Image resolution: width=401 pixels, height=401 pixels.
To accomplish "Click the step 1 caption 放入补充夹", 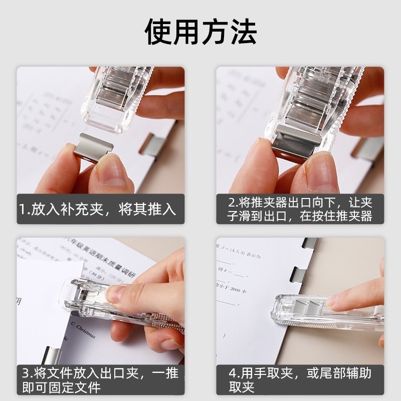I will point(98,209).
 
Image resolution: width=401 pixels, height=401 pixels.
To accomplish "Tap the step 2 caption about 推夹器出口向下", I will point(300,209).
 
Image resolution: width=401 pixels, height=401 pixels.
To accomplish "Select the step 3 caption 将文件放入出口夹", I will point(98,379).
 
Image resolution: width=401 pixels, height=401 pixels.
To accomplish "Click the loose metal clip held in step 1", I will point(93,146).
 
